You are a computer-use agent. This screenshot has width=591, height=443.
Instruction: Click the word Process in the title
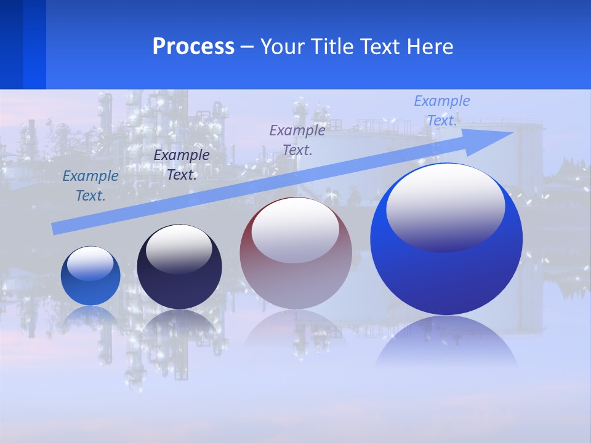coord(193,47)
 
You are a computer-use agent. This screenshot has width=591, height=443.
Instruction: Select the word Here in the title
coord(431,47)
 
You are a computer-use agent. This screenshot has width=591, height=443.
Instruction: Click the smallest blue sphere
coord(90,276)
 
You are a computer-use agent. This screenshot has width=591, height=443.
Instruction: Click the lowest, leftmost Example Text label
coord(90,186)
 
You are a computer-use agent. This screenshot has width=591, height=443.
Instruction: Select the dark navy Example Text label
coord(182,165)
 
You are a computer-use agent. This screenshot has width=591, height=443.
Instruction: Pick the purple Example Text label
coord(297,140)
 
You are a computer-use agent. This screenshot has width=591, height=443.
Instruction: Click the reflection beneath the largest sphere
coord(446,341)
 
